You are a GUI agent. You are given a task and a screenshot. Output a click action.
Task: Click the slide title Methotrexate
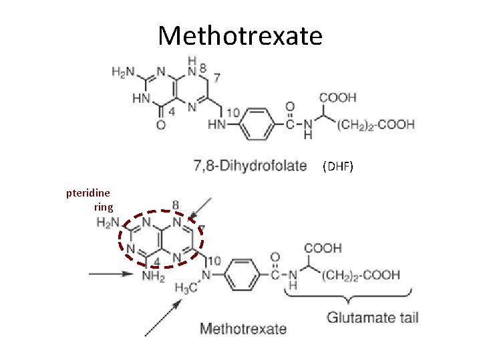240,35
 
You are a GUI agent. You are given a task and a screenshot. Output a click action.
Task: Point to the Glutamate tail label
372,317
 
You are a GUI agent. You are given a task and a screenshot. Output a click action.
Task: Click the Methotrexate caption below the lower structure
243,328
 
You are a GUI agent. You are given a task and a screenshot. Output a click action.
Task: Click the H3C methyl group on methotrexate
184,287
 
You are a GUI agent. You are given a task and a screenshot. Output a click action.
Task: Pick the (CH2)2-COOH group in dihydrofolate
376,124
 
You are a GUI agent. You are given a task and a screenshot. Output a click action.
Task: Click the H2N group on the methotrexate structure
108,223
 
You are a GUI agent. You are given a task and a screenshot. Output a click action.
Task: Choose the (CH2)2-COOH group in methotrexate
363,274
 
